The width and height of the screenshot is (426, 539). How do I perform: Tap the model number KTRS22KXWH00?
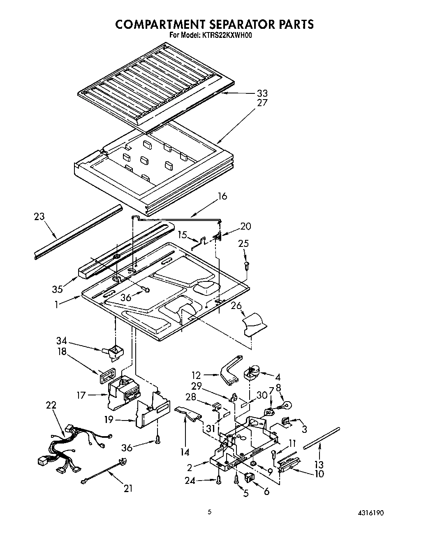(x=227, y=35)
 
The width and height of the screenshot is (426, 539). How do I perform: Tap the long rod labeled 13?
(x=322, y=439)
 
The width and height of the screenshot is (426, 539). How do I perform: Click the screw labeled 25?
(x=246, y=265)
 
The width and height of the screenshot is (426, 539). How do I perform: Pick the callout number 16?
(x=222, y=196)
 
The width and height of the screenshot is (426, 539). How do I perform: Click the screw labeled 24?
(x=218, y=479)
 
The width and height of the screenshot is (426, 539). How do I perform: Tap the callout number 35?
(x=58, y=289)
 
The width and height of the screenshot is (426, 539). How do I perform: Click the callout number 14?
(x=185, y=452)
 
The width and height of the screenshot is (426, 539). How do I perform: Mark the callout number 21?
(x=128, y=488)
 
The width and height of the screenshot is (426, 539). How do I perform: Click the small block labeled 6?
(x=249, y=477)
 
